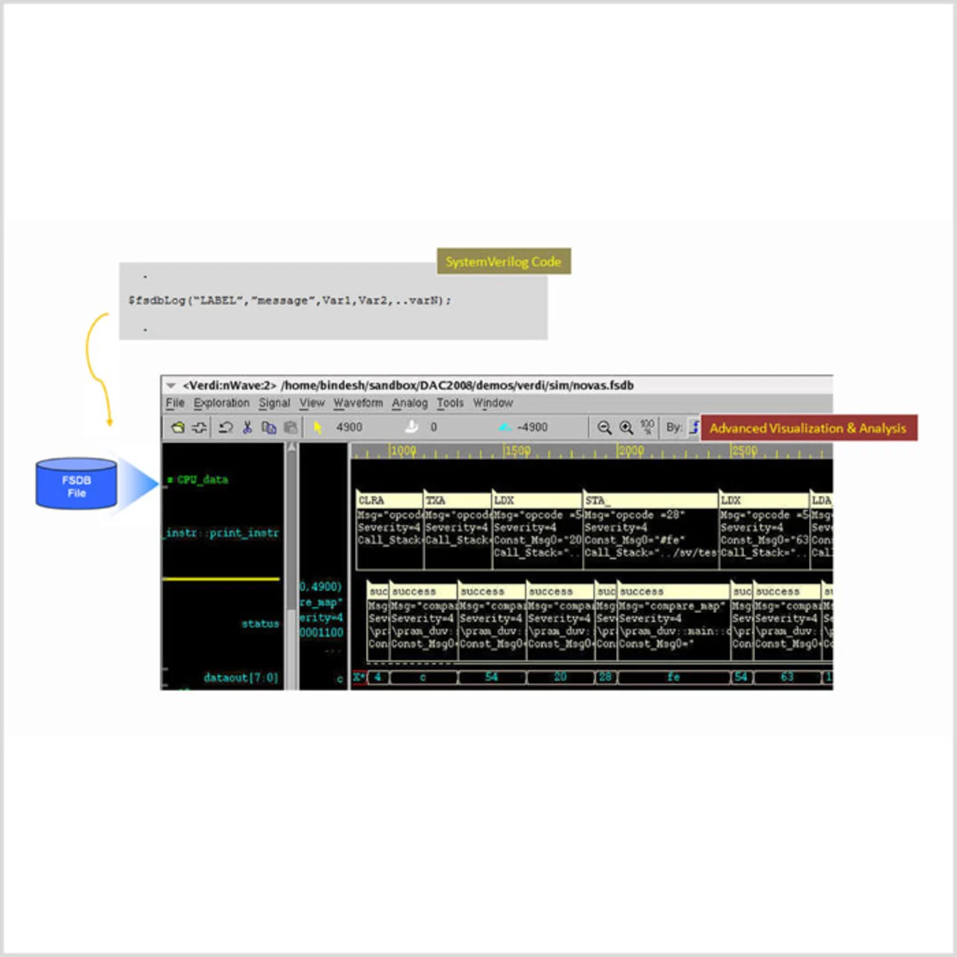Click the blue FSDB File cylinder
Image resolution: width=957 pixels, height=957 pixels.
[x=76, y=484]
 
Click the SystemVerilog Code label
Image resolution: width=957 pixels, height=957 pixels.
[x=503, y=262]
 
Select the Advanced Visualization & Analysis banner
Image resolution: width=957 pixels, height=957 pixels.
[x=807, y=428]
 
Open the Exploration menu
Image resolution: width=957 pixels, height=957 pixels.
[x=221, y=403]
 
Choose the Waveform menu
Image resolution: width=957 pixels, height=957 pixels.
[x=358, y=403]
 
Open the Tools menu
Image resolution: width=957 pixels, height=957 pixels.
[x=450, y=403]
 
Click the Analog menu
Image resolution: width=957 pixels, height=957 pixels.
[x=410, y=403]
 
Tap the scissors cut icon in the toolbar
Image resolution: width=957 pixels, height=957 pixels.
[x=247, y=427]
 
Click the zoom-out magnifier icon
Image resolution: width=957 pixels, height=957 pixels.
[x=604, y=427]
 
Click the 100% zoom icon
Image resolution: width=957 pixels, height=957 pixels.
[x=647, y=427]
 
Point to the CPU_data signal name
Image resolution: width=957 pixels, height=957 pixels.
[x=202, y=479]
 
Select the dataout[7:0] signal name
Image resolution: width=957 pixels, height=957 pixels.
[x=240, y=677]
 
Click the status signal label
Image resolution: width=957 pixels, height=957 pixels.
[x=259, y=624]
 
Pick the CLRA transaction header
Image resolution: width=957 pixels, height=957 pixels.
[x=372, y=500]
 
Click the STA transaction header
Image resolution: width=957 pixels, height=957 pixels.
[x=595, y=500]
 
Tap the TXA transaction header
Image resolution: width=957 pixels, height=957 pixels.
[x=435, y=500]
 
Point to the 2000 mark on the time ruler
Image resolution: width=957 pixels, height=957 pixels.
[x=630, y=451]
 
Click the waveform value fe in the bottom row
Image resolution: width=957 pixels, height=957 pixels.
[x=673, y=677]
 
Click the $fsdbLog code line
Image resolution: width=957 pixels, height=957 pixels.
[x=290, y=301]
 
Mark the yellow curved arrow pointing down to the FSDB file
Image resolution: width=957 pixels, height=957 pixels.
[x=96, y=366]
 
